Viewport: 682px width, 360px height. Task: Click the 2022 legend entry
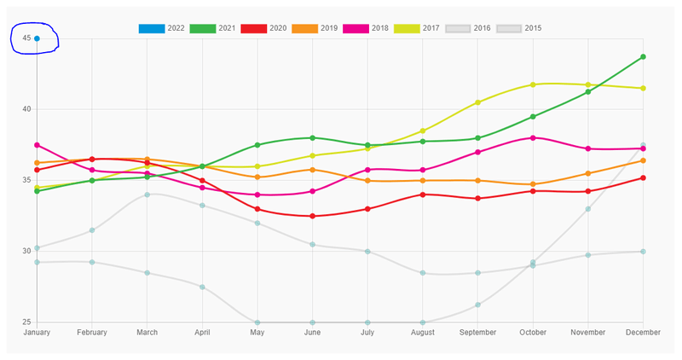point(162,28)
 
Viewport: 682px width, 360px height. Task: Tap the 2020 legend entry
point(264,28)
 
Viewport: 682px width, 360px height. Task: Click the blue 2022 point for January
point(37,38)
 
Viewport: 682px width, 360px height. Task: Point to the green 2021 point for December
point(643,57)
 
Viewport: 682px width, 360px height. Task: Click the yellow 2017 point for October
point(533,84)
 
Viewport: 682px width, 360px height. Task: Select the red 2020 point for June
point(312,216)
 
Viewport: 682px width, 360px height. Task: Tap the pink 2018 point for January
point(37,145)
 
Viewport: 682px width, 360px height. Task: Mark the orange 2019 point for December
point(643,160)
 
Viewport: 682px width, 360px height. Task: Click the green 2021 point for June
point(312,137)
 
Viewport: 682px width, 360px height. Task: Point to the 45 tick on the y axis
point(26,38)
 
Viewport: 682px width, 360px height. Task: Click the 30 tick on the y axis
point(26,251)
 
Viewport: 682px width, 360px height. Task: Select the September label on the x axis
point(477,332)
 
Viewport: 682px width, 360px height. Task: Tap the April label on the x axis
point(202,332)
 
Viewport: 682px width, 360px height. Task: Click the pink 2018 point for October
point(533,137)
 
